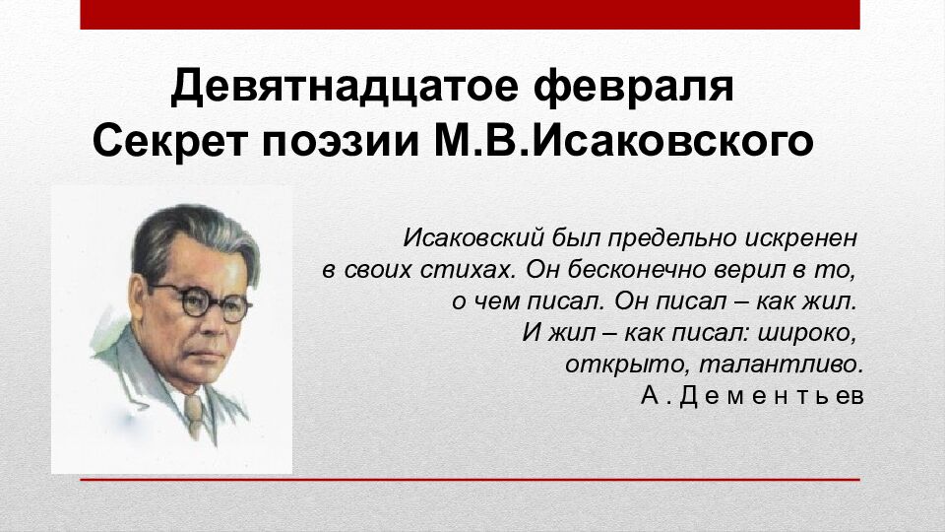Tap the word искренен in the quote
coord(804,238)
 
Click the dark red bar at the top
coord(469,14)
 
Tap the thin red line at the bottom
coord(469,480)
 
